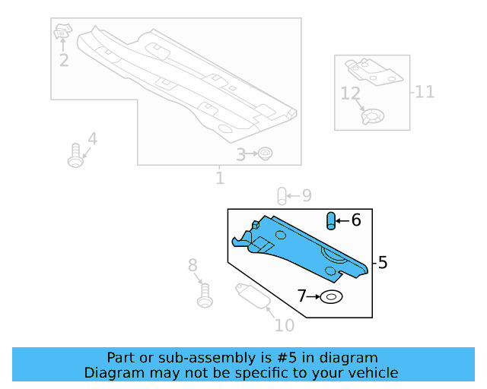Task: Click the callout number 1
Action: [x=220, y=179]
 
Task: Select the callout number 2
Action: [x=64, y=60]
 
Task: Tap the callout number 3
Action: [x=240, y=155]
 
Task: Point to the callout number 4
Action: [x=92, y=139]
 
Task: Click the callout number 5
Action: [x=383, y=263]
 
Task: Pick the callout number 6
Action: [x=355, y=220]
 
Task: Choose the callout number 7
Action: [x=302, y=296]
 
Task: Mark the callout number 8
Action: [x=193, y=265]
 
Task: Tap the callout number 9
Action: [x=306, y=195]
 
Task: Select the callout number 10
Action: [x=284, y=326]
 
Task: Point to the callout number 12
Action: [x=349, y=94]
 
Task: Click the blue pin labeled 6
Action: [x=331, y=221]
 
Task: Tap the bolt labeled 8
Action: [x=204, y=295]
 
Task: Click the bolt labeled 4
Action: [x=75, y=155]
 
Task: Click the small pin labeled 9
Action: [x=282, y=196]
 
